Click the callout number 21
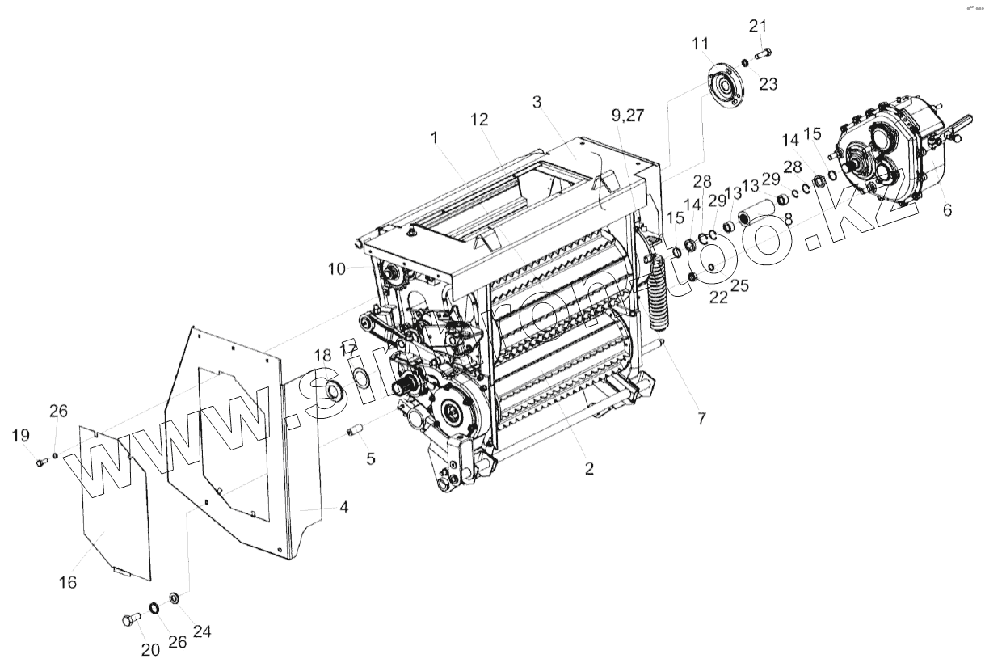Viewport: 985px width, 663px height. pos(757,27)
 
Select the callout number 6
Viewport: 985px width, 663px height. pos(947,209)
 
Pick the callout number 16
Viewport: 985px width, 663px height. pos(69,581)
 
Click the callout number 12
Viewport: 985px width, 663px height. pos(480,120)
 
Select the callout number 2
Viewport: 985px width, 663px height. pos(589,468)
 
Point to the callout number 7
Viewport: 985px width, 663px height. pos(701,418)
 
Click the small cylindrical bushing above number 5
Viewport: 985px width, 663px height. pos(352,430)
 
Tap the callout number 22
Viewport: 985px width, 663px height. pos(718,297)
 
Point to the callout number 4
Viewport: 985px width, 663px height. pos(344,508)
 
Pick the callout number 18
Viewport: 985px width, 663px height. pos(322,356)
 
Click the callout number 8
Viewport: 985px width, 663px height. pos(788,217)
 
